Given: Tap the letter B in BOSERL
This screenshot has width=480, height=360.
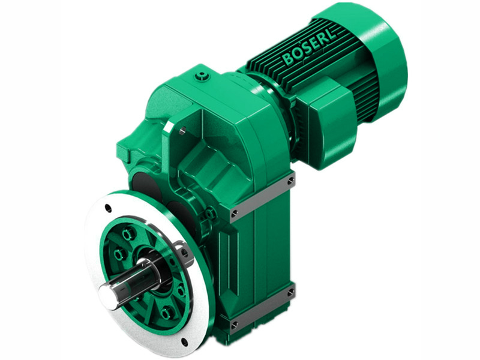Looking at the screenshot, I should [x=287, y=60].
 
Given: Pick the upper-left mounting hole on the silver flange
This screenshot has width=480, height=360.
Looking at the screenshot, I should [x=108, y=208].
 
